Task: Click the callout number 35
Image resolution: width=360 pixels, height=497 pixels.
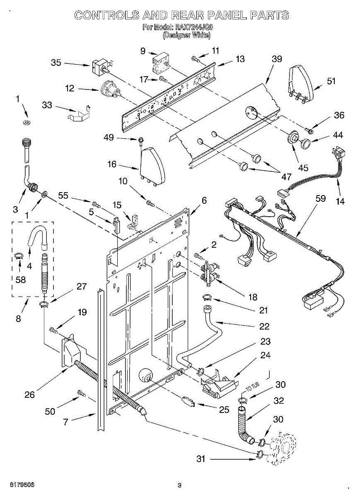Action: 56,63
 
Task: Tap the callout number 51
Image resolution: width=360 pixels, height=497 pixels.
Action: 331,81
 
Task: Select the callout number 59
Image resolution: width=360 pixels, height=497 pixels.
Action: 320,198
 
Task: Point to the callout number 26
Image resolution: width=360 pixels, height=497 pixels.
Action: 30,395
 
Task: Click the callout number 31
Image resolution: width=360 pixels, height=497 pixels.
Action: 201,459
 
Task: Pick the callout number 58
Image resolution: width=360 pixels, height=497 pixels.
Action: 20,280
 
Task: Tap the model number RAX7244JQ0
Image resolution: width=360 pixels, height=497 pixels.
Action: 196,28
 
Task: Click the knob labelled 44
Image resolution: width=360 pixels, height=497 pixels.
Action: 307,144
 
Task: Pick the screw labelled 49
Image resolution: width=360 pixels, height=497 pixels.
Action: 141,141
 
